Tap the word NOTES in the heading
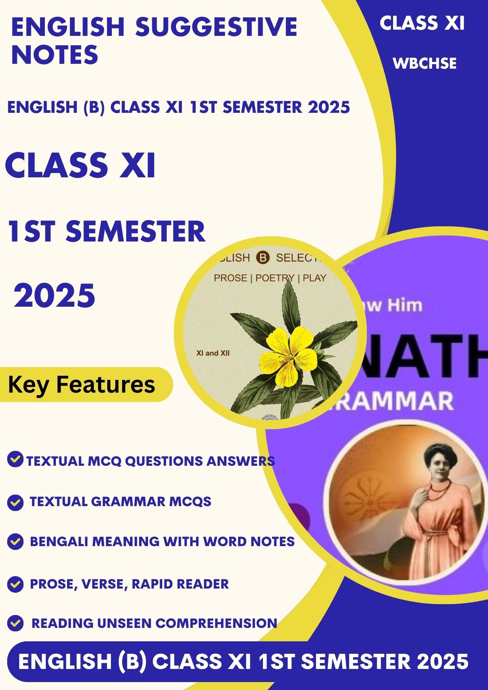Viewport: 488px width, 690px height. [x=55, y=55]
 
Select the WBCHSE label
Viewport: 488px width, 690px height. [x=424, y=63]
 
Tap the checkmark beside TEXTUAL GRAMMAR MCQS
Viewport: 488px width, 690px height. [x=15, y=502]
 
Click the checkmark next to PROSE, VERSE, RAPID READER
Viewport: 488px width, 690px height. [x=15, y=584]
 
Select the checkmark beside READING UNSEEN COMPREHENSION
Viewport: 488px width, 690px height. [x=15, y=623]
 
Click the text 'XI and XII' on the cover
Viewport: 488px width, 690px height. [x=213, y=353]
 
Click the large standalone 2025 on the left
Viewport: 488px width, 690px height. [x=55, y=296]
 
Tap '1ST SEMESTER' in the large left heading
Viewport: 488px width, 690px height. [x=107, y=231]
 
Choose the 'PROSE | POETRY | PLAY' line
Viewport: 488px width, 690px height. [x=270, y=278]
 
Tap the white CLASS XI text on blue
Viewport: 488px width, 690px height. [x=422, y=23]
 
